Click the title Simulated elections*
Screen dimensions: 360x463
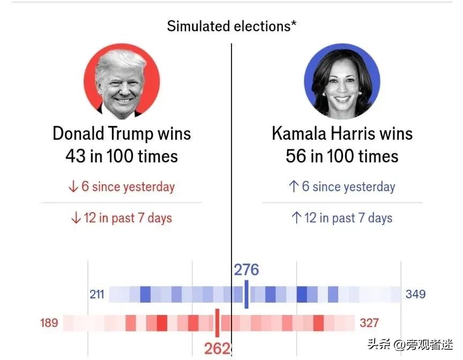click(x=231, y=26)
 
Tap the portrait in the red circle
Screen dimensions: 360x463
click(x=122, y=81)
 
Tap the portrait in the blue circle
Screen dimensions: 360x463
click(x=342, y=81)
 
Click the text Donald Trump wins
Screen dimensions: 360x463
click(x=122, y=133)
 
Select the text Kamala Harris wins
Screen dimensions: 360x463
click(x=342, y=133)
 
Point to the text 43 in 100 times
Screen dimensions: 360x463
click(x=122, y=156)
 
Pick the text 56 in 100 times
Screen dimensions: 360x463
click(x=342, y=156)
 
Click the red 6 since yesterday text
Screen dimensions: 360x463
click(x=122, y=187)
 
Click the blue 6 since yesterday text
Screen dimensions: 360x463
click(x=342, y=186)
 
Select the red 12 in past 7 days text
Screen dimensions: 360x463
click(x=122, y=218)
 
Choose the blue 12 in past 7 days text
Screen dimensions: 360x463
click(x=342, y=218)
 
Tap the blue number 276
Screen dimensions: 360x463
click(x=247, y=269)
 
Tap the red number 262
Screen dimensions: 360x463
click(x=217, y=348)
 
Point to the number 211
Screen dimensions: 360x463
click(x=97, y=294)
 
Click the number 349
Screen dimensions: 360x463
click(x=416, y=294)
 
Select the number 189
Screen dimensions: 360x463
click(x=49, y=323)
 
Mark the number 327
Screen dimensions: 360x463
click(x=369, y=323)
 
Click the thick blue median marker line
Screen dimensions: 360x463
click(x=247, y=294)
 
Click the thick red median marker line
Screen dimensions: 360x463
click(x=217, y=322)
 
